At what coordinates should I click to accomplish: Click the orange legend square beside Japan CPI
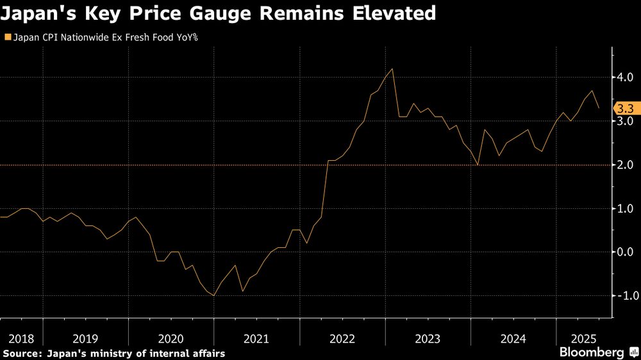click(x=7, y=38)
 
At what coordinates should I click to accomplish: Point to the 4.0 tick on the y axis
click(x=626, y=78)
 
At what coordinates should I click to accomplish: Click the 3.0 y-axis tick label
click(x=626, y=121)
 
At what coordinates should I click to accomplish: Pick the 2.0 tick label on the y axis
click(x=626, y=165)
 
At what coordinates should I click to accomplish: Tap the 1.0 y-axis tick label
click(x=626, y=208)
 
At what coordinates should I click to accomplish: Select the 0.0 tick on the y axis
click(x=626, y=252)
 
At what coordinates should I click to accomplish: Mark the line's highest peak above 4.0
click(x=392, y=69)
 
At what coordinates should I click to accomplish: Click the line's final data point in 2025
click(x=599, y=108)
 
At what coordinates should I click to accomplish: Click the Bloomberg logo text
click(x=592, y=352)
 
